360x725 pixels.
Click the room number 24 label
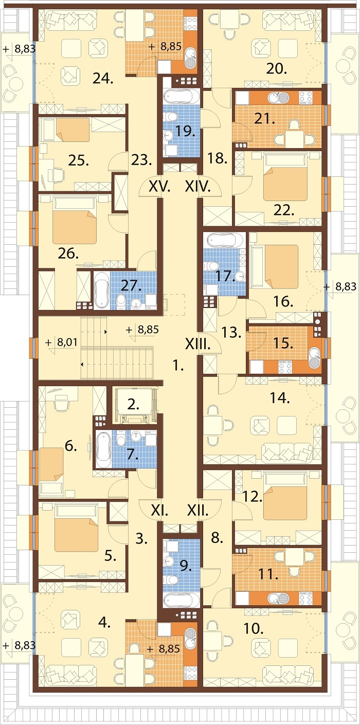click(x=103, y=78)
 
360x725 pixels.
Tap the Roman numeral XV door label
click(x=159, y=187)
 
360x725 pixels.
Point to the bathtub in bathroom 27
click(x=101, y=291)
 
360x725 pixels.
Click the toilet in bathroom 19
click(x=171, y=116)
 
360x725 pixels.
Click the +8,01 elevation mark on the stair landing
click(x=62, y=342)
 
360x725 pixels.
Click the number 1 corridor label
click(x=178, y=366)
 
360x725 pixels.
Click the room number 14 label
click(x=280, y=398)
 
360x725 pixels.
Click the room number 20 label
click(x=277, y=69)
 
